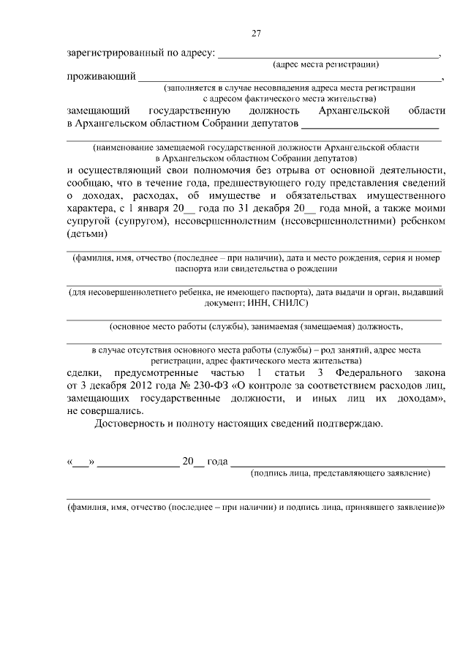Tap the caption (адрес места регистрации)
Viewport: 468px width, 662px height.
click(325, 65)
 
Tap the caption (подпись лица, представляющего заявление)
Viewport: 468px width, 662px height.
click(340, 474)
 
